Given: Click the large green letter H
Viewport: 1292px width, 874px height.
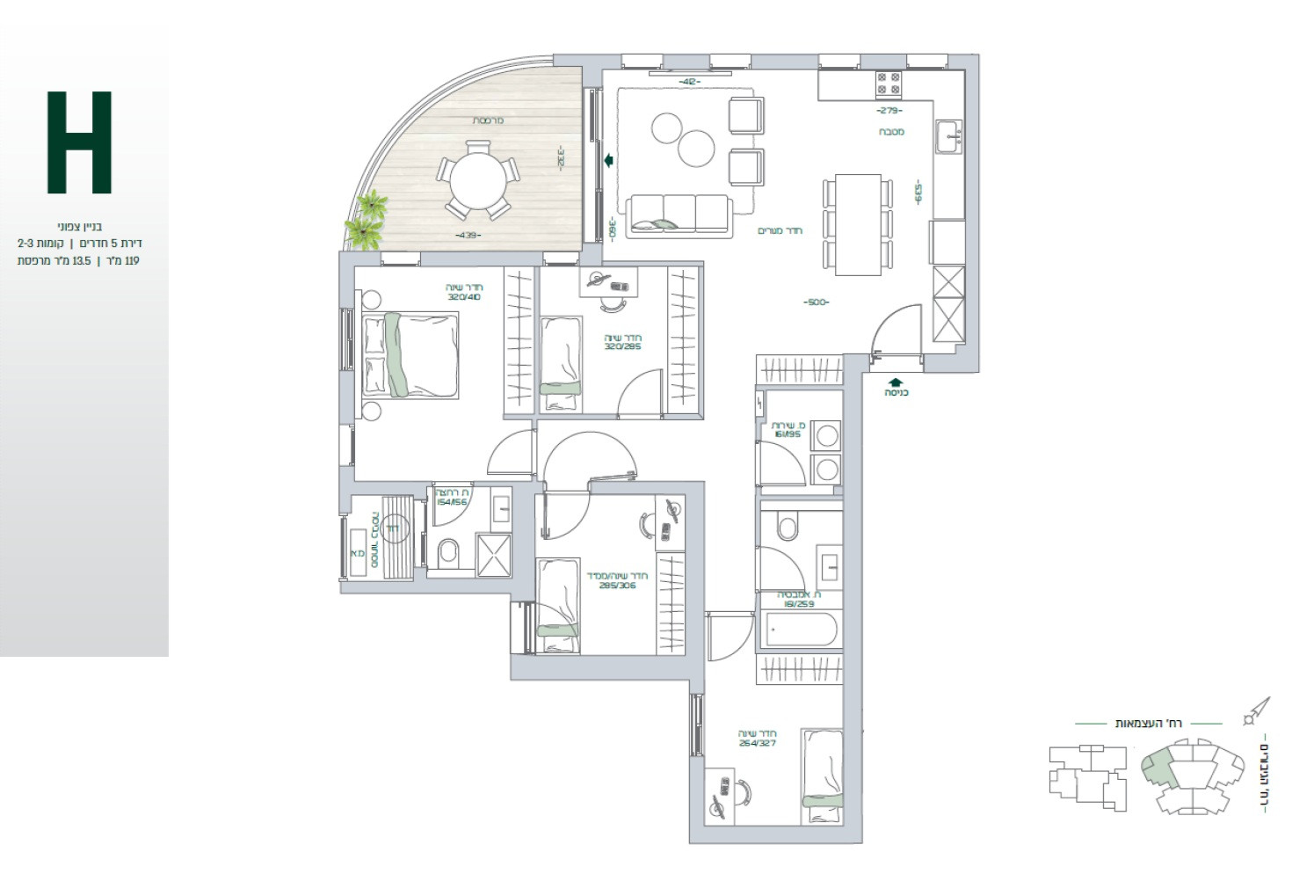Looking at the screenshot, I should [79, 142].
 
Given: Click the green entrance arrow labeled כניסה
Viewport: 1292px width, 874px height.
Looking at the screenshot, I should [896, 382].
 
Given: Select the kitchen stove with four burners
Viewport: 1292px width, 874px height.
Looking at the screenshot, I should [888, 84].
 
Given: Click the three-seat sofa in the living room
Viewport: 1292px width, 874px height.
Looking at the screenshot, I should [678, 214].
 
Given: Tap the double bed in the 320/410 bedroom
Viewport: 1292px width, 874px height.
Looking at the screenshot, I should [410, 354].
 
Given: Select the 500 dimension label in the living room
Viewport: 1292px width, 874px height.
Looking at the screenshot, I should [816, 302].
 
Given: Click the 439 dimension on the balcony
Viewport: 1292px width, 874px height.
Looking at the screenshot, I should [468, 236].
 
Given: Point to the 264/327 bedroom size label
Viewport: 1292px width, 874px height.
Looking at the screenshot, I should [757, 742].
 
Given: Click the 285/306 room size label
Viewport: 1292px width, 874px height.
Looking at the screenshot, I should [616, 585].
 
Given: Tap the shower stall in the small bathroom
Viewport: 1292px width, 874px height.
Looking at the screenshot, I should [493, 554].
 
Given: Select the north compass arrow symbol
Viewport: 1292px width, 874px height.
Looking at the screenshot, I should [1257, 710].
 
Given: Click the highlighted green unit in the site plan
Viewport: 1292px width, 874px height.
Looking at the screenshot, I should [1160, 767].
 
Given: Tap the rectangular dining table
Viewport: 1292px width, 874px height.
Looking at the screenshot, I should [857, 224].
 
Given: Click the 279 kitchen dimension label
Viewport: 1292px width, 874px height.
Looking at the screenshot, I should [889, 111].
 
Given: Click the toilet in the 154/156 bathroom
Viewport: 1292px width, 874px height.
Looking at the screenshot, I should [448, 552].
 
